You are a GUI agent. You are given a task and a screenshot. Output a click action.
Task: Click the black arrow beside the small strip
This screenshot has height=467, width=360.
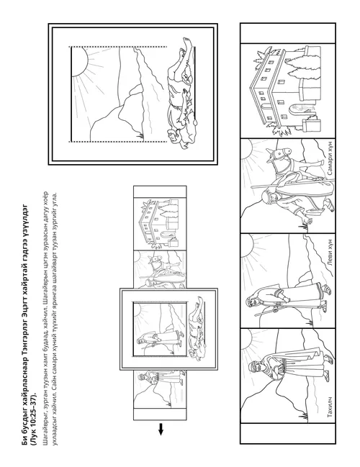coord(161,429)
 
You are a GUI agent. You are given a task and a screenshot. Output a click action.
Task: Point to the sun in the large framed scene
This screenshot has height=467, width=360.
coord(79,62)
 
